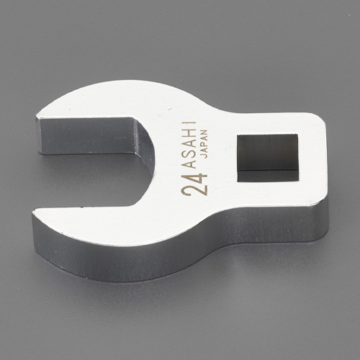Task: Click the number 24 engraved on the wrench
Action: tap(194, 184)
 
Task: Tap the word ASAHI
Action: tap(189, 145)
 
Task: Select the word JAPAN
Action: tap(203, 144)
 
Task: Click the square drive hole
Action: tap(268, 158)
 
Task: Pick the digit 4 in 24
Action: tap(200, 179)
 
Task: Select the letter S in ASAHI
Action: tap(189, 153)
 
